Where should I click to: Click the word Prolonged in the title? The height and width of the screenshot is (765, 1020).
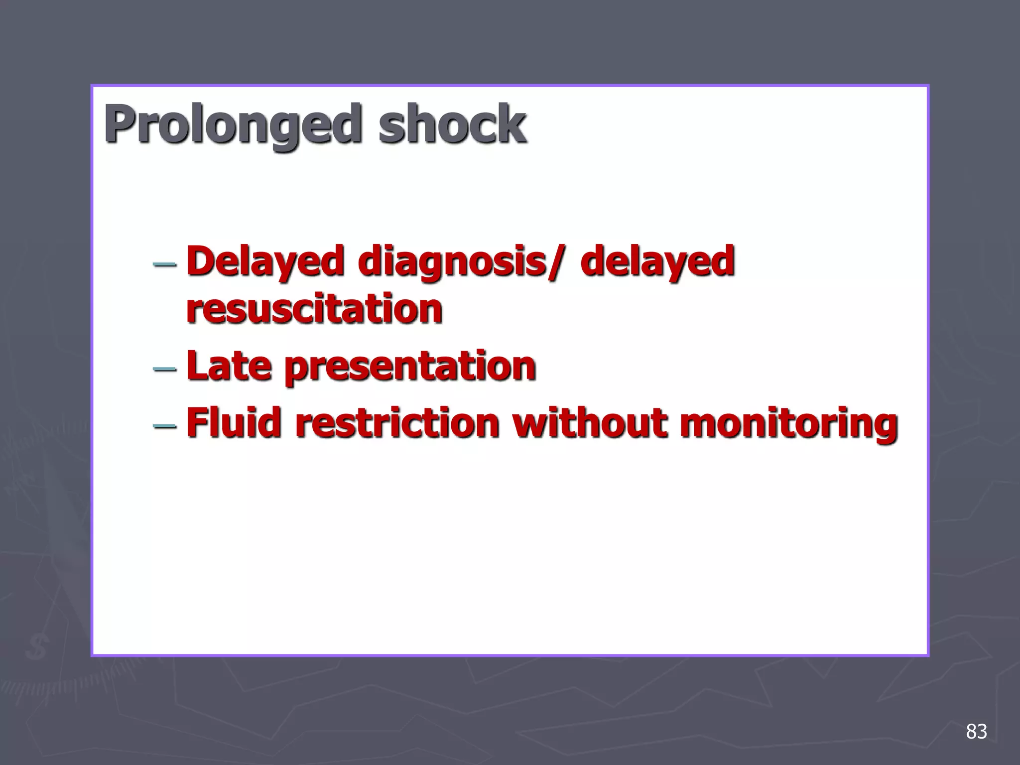coord(232,124)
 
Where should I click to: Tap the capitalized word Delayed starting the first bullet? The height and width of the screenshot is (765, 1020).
coord(265,261)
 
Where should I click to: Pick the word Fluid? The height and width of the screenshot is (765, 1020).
coord(234,423)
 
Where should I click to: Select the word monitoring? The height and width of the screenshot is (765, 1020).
coord(789,424)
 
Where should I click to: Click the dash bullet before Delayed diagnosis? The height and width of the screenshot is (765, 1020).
coord(164,263)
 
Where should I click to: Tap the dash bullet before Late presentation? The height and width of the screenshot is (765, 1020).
coord(164,369)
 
